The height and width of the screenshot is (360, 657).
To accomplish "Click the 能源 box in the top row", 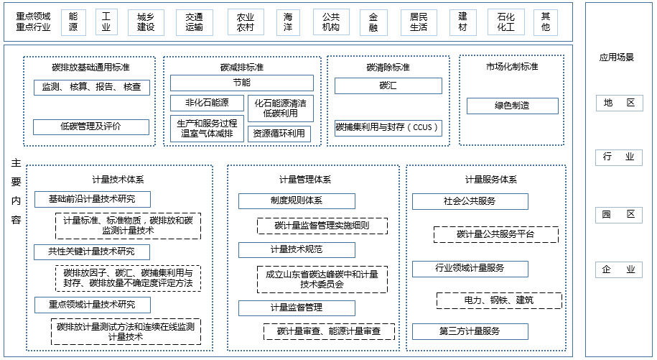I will point(73,22).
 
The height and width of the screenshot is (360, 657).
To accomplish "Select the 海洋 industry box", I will point(288,22).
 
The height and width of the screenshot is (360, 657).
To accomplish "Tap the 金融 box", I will point(373,22).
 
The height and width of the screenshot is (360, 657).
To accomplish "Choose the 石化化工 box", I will point(505,22).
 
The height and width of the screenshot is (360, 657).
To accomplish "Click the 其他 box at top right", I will point(546,22).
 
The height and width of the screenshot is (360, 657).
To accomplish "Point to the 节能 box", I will point(241,83).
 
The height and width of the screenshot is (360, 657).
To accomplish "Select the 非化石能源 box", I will point(207,103).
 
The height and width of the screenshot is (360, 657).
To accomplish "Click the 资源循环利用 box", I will point(279,134).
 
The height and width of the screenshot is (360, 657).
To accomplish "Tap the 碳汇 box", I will point(388,86).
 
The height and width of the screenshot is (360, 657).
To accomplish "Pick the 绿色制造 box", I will point(512,106).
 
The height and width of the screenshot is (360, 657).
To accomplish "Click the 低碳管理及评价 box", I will point(90,127).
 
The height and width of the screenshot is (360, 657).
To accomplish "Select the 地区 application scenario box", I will point(619,103).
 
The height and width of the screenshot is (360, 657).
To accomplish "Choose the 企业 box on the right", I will point(619,269).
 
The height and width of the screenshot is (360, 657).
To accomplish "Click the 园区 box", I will point(619,214).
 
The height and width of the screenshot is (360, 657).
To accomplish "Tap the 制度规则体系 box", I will point(297,201).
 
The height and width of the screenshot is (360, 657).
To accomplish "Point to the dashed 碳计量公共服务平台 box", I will point(496,234).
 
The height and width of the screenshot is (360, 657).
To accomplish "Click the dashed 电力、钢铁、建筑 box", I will point(499,300).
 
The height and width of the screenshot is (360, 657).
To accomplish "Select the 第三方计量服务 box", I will point(470,331).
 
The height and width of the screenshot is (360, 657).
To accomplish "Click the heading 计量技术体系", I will point(118,180).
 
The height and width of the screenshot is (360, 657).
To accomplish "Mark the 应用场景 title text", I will point(617,57).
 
